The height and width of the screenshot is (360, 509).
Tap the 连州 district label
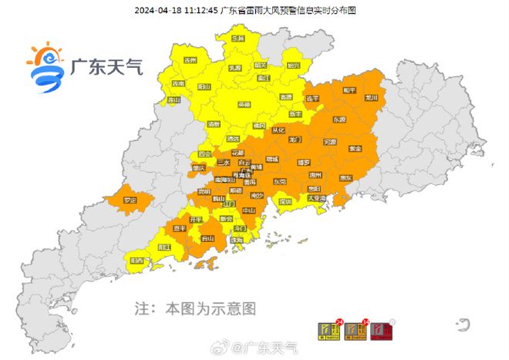[190, 60]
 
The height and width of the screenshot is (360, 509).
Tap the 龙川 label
[372, 99]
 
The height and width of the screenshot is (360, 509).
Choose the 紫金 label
[356, 148]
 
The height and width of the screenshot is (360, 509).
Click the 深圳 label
[285, 201]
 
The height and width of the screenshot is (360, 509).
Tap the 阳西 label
[137, 261]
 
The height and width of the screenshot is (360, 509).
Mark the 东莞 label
[278, 182]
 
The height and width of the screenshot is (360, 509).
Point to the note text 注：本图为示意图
[195, 308]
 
